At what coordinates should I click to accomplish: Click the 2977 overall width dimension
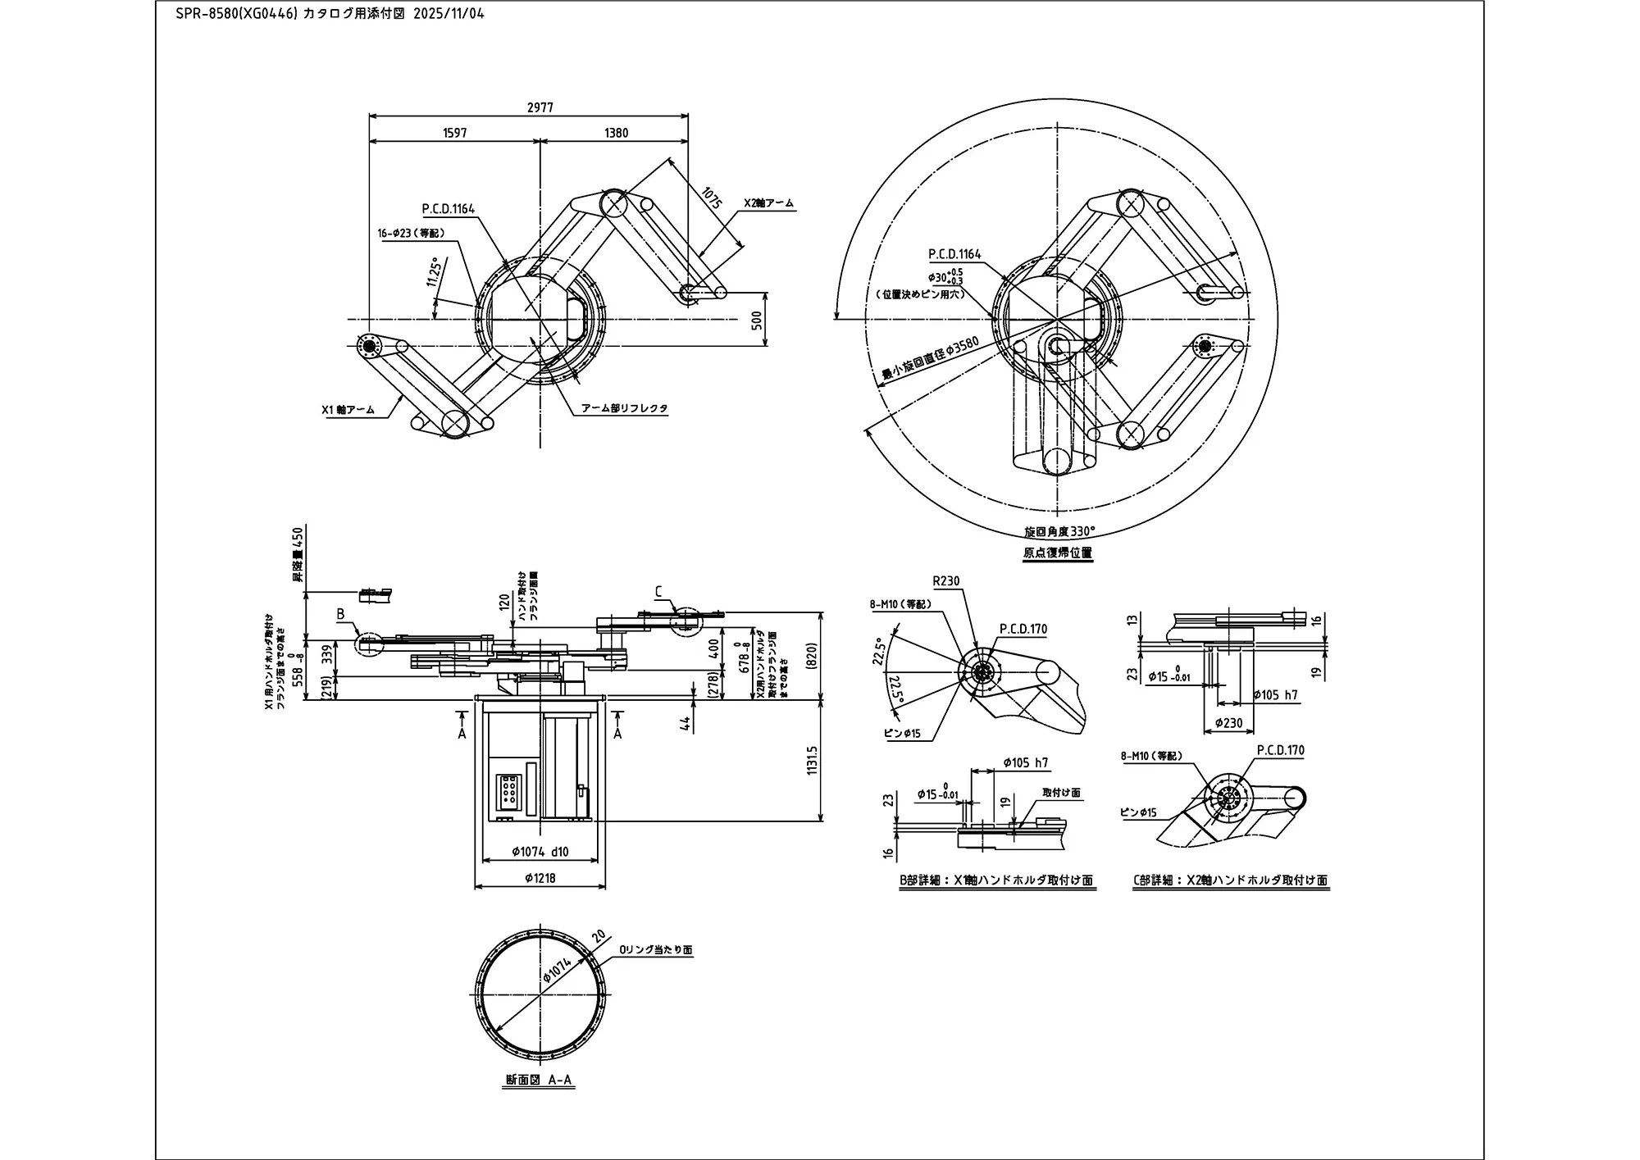pyautogui.click(x=540, y=107)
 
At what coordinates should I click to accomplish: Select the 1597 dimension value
pyautogui.click(x=454, y=133)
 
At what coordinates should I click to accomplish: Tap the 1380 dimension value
pyautogui.click(x=616, y=133)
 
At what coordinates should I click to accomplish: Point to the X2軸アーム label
pyautogui.click(x=768, y=202)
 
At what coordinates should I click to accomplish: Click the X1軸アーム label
pyautogui.click(x=348, y=409)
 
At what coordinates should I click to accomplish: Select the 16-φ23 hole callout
pyautogui.click(x=411, y=233)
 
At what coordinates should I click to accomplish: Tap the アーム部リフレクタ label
pyautogui.click(x=624, y=407)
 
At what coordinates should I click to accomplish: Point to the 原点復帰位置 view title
pyautogui.click(x=1057, y=553)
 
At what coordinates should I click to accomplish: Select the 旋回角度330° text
pyautogui.click(x=1059, y=531)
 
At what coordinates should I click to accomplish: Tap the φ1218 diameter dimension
pyautogui.click(x=540, y=878)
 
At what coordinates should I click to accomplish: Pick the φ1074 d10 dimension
pyautogui.click(x=540, y=852)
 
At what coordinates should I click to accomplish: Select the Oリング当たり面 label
pyautogui.click(x=655, y=950)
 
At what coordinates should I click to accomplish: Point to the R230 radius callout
pyautogui.click(x=945, y=581)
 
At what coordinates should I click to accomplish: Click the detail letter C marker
pyautogui.click(x=658, y=591)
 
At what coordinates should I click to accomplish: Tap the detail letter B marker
pyautogui.click(x=340, y=614)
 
